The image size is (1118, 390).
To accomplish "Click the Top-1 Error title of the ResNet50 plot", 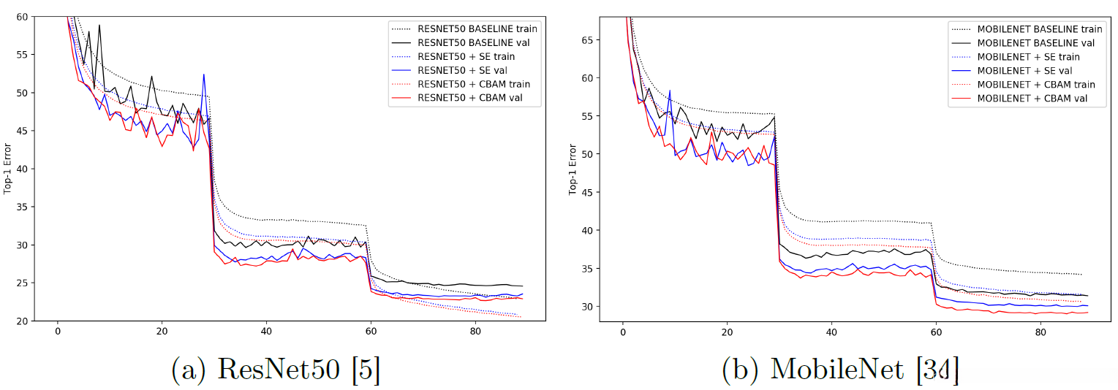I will click(8, 169).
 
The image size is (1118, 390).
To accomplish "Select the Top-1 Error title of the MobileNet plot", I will click(573, 169).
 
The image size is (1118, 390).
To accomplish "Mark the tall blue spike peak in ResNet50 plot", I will click(204, 74).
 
